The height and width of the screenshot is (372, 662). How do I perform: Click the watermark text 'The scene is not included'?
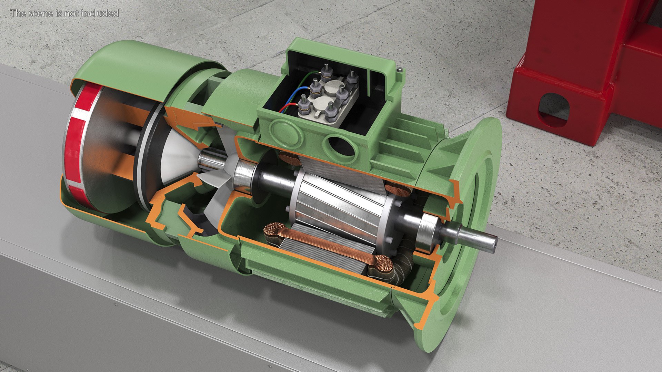(64, 13)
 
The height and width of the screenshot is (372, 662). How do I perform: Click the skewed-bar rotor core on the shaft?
(338, 203)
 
